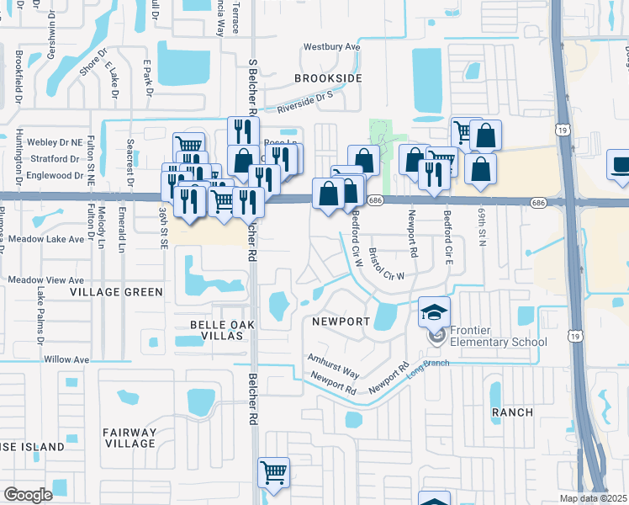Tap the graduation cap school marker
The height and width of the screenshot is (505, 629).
click(434, 312)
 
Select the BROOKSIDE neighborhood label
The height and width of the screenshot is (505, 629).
click(328, 78)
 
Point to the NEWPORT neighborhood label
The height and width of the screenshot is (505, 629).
click(341, 322)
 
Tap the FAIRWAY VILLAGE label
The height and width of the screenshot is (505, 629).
click(129, 438)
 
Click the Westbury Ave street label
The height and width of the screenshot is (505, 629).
click(331, 47)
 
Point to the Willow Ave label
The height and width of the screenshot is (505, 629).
click(66, 359)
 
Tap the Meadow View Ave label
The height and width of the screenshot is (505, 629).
click(46, 279)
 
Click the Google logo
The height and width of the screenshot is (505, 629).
click(28, 495)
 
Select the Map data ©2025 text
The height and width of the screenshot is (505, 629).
click(593, 498)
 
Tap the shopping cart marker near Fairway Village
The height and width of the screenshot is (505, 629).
click(273, 472)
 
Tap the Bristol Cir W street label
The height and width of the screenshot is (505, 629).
click(388, 263)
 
